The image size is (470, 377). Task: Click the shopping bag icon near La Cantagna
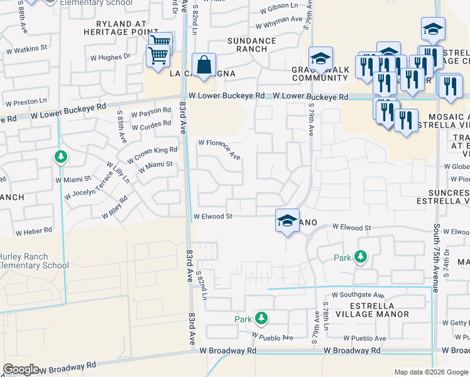pyautogui.click(x=204, y=64)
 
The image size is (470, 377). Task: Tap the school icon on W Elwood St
pyautogui.click(x=287, y=221)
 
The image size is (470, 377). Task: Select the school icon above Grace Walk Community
pyautogui.click(x=320, y=58)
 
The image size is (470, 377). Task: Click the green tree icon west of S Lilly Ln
pyautogui.click(x=60, y=156)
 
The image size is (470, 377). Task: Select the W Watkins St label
pyautogui.click(x=26, y=48)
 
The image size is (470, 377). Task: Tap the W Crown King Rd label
pyautogui.click(x=152, y=155)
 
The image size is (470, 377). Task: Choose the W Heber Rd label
pyautogui.click(x=34, y=231)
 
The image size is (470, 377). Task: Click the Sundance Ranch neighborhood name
pyautogui.click(x=252, y=45)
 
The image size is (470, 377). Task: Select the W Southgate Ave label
pyautogui.click(x=358, y=294)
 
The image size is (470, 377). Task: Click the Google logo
pyautogui.click(x=21, y=369)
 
